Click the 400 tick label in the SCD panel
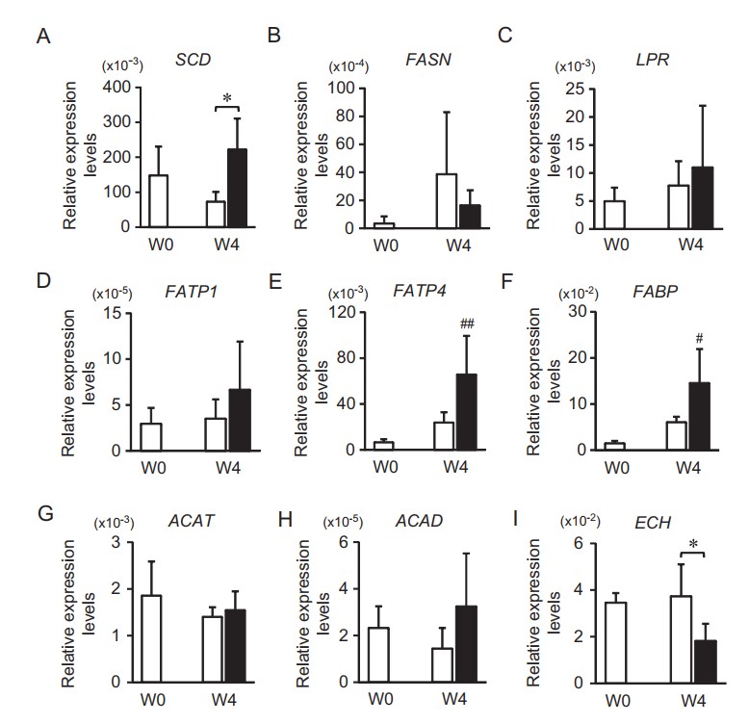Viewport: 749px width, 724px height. coord(116,88)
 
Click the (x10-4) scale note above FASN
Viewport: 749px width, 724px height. coord(349,66)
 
